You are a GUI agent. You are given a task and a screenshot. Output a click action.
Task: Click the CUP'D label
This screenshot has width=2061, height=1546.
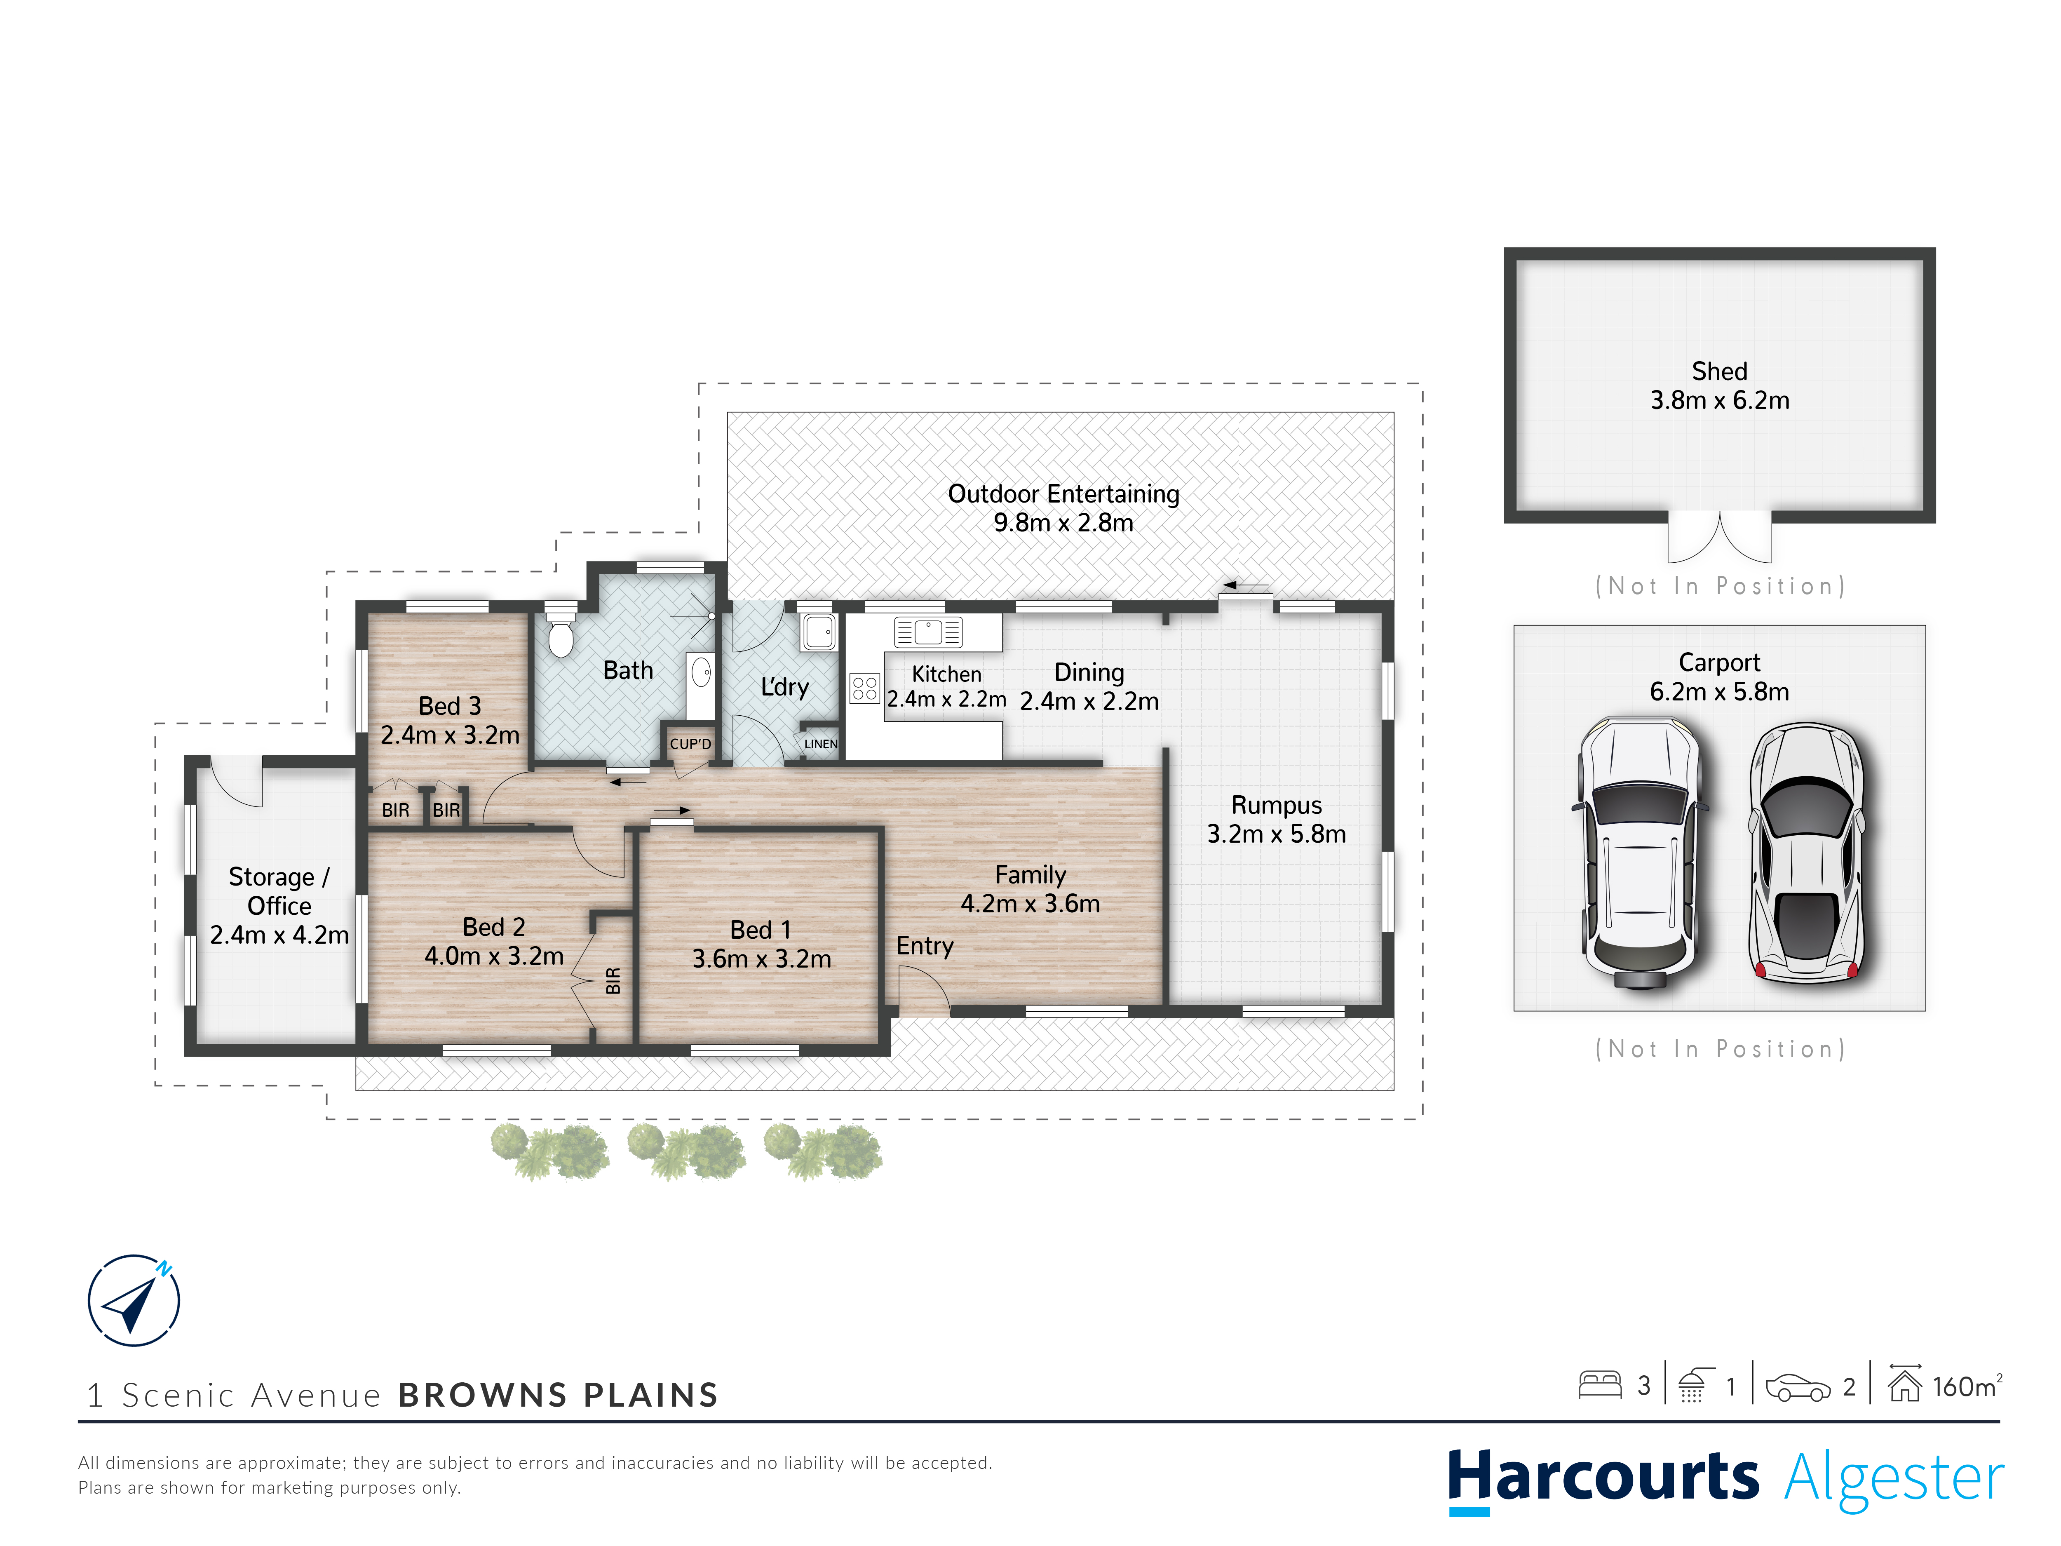[690, 744]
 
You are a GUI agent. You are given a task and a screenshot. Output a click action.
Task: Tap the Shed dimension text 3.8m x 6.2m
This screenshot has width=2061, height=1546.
[1720, 401]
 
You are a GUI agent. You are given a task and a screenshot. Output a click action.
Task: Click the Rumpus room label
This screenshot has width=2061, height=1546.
[1277, 805]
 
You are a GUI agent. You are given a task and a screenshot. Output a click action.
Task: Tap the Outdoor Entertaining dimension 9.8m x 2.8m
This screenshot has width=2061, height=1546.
[1063, 523]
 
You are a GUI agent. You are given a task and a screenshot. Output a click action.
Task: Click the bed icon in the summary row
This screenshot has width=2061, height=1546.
[1600, 1385]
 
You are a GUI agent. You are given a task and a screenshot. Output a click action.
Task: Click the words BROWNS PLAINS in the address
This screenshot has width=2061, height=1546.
[558, 1395]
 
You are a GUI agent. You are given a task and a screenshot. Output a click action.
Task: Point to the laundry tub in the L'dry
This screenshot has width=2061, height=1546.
[818, 632]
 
